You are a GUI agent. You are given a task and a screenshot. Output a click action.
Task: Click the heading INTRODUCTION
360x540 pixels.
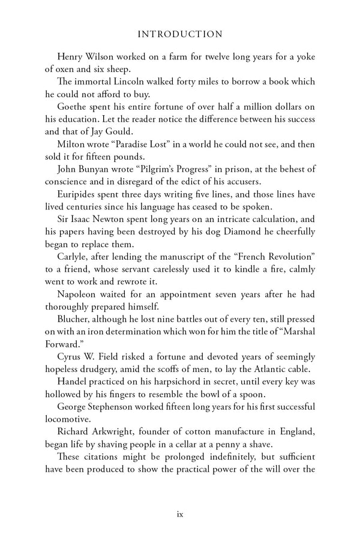[179, 34]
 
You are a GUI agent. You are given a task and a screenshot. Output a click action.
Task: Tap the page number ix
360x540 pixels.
[180, 514]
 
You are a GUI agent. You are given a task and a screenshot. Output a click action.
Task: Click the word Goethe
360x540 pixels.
[73, 107]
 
